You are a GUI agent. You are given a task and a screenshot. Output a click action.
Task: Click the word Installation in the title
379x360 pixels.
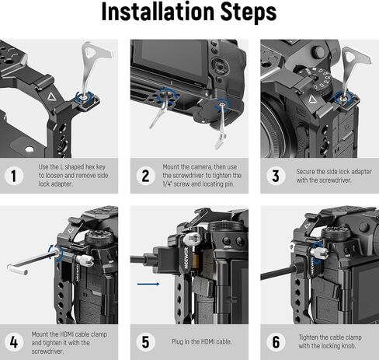158,12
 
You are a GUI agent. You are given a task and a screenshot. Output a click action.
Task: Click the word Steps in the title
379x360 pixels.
249,12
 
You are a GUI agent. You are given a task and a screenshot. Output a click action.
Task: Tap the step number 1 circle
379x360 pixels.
14,176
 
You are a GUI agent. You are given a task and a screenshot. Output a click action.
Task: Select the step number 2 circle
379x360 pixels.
145,176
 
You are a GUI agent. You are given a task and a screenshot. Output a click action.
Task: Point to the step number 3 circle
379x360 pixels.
276,176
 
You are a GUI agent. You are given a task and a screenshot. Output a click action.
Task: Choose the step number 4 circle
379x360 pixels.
14,342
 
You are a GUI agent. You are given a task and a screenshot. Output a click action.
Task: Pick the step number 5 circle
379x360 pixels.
145,342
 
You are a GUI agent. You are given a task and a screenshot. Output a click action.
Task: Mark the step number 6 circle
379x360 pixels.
276,342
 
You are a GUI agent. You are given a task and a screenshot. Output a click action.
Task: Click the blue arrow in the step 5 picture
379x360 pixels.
148,284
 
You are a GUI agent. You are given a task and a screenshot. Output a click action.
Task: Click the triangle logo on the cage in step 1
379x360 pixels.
51,97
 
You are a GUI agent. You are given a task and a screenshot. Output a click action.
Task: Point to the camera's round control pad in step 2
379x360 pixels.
219,65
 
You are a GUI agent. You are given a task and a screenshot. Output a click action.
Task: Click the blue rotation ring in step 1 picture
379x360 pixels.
84,97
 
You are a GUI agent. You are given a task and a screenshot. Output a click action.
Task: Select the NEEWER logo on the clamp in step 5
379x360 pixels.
186,257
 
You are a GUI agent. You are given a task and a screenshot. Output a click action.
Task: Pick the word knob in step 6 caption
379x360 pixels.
349,346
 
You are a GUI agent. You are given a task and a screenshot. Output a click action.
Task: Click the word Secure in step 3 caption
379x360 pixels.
305,172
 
